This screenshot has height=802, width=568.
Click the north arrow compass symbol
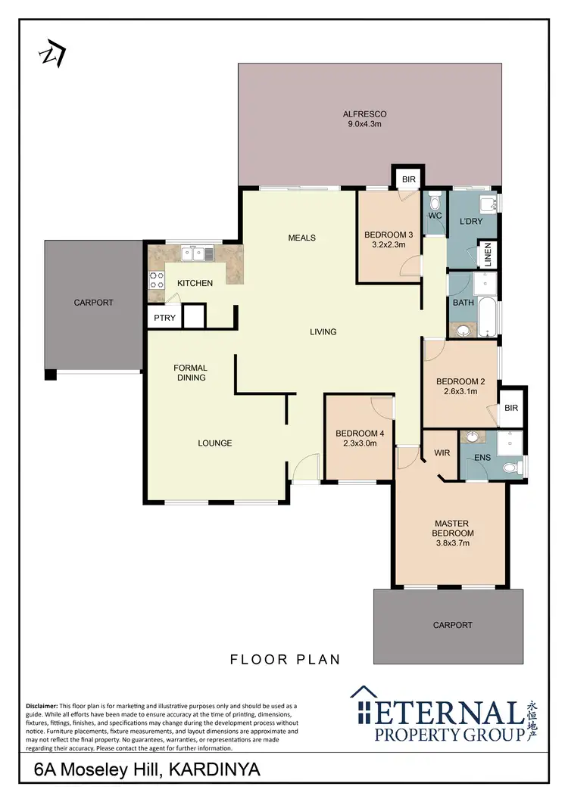(54, 54)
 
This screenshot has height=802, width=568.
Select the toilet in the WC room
(435, 204)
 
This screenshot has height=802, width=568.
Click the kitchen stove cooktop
(157, 281)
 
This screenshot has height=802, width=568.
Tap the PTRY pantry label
(164, 319)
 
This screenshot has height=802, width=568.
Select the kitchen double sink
(201, 255)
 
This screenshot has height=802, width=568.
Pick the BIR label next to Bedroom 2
(511, 408)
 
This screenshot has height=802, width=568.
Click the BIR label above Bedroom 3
(409, 179)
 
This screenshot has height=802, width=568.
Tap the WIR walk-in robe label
(442, 454)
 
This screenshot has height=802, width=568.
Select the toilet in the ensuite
(512, 468)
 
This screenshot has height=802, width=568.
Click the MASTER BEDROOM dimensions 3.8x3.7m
(452, 542)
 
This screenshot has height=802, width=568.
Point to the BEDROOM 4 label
(360, 434)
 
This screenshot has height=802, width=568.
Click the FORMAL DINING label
(190, 373)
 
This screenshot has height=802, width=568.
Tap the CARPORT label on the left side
(93, 303)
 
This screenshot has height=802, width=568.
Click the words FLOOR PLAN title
(285, 660)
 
